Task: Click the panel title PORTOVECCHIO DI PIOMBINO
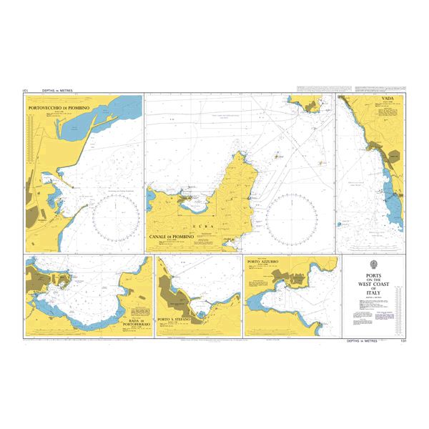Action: pyautogui.click(x=59, y=107)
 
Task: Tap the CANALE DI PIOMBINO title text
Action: pyautogui.click(x=172, y=237)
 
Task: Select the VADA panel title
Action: pyautogui.click(x=388, y=100)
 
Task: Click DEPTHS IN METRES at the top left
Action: pyautogui.click(x=58, y=91)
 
